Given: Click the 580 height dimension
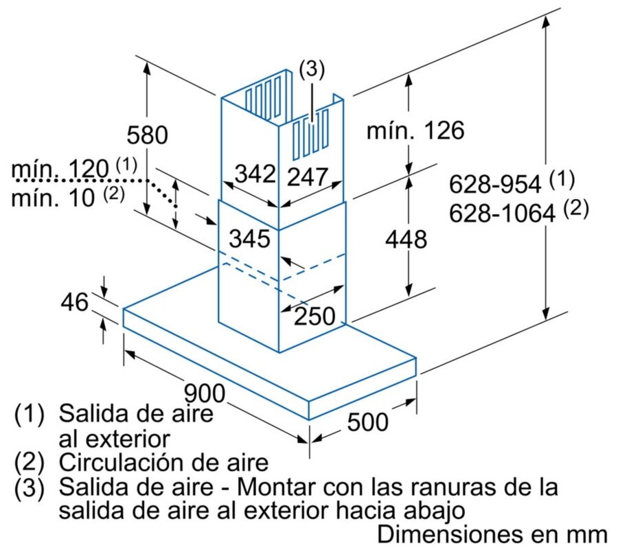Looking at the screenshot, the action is (147, 135).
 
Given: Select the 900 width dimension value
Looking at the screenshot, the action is (205, 394).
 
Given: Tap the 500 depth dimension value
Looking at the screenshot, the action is (367, 422).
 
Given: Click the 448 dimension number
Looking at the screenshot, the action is (406, 240).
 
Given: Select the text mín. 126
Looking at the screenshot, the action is (415, 130).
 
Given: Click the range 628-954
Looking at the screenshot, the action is (500, 184).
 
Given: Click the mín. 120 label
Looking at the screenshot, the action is (60, 169).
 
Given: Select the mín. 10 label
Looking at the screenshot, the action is (55, 199).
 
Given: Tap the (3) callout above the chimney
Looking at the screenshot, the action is (311, 69).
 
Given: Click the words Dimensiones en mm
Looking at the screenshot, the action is (492, 534).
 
